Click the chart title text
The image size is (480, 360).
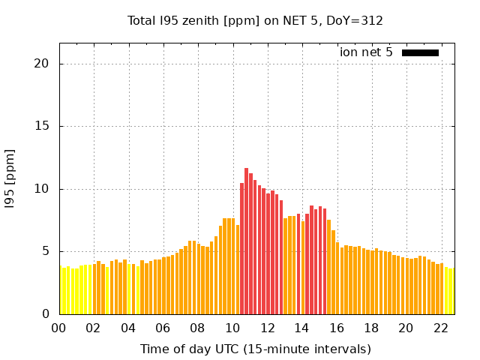(256, 20)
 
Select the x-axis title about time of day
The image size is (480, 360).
(256, 349)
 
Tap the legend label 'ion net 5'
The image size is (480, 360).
(366, 52)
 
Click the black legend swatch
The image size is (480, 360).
(420, 52)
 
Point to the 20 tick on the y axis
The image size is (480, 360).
(43, 64)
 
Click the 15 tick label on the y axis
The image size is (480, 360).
(43, 126)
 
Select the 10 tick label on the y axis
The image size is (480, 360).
(43, 189)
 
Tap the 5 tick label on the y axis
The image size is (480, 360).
(46, 251)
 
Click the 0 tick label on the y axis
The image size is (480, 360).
(46, 314)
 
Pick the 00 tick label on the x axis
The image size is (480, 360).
(58, 328)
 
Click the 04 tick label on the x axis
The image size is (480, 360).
(128, 328)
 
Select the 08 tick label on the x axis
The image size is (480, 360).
(197, 328)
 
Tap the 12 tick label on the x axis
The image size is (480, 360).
(267, 328)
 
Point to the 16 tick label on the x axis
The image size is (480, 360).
(336, 328)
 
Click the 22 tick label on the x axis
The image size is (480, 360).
(440, 328)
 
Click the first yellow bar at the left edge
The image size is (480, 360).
(61, 291)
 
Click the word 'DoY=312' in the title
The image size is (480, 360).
(355, 20)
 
